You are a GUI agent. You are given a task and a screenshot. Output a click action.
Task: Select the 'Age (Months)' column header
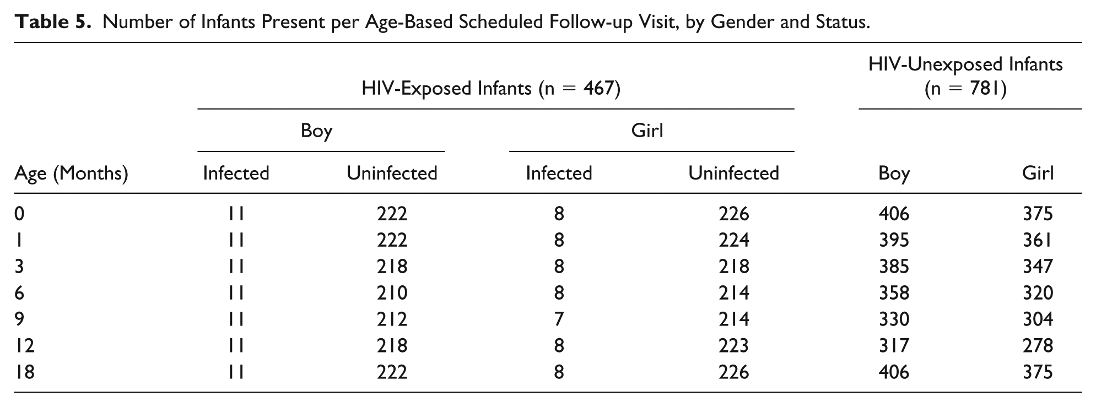(71, 174)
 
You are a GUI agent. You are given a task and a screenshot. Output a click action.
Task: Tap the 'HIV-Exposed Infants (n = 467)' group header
(491, 89)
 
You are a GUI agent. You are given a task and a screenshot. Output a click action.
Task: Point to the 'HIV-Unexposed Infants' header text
(965, 64)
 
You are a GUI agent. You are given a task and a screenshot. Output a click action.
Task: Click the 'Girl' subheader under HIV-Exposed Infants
(647, 131)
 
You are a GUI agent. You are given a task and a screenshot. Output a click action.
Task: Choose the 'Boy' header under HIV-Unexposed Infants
(894, 174)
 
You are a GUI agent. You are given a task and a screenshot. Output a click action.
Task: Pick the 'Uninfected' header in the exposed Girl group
(733, 173)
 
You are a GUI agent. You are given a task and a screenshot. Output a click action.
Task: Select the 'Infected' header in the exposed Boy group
(236, 173)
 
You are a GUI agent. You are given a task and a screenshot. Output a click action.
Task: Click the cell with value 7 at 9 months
(559, 319)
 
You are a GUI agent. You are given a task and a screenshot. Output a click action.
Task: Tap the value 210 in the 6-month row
(392, 293)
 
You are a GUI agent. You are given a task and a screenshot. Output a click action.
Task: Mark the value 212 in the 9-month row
(392, 319)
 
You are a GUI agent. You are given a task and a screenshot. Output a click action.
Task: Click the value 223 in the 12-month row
(733, 346)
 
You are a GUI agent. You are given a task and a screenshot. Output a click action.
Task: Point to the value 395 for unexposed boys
(894, 240)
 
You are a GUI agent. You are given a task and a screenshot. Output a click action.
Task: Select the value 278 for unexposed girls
(1038, 346)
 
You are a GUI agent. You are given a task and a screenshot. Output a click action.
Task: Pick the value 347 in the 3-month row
(1038, 267)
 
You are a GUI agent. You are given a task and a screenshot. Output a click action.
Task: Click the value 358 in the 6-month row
(894, 293)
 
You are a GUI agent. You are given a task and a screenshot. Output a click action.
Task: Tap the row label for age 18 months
(25, 372)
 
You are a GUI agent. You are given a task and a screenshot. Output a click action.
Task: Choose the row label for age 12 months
(25, 346)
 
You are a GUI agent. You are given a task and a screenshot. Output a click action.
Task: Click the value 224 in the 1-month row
(733, 240)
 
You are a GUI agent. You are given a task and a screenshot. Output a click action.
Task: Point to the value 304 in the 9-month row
(1038, 319)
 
